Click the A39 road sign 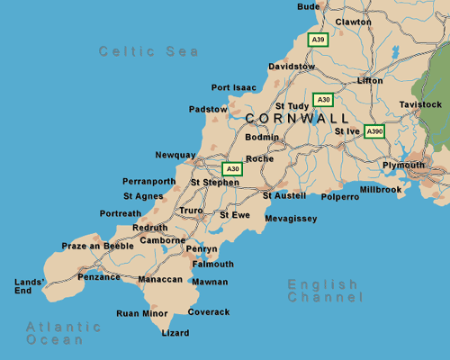(x=317, y=40)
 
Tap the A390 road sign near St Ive (x=374, y=131)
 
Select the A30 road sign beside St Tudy (x=322, y=99)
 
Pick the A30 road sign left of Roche (x=232, y=168)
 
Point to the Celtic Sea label (x=149, y=52)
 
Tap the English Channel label (x=325, y=291)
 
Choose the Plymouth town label (x=403, y=166)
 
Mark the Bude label (x=308, y=6)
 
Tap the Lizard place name (x=175, y=333)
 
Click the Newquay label (x=175, y=155)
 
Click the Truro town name (x=192, y=211)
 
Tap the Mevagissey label (x=291, y=219)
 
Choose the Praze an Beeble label (x=97, y=246)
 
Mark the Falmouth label (x=213, y=264)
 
